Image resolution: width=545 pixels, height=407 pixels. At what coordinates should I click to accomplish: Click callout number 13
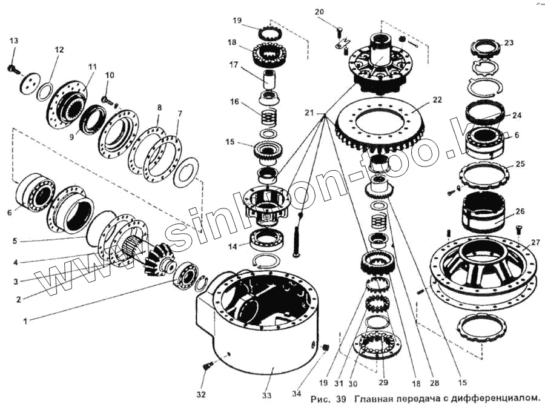click(13, 41)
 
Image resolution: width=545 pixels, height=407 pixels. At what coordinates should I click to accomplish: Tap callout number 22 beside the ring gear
click(437, 99)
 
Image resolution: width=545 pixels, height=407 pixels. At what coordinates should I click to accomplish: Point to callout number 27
click(535, 242)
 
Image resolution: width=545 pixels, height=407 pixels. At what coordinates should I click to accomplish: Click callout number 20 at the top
click(319, 12)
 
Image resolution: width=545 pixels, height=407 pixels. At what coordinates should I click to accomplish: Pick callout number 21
click(309, 113)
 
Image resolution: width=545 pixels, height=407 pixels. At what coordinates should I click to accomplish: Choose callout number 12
click(58, 50)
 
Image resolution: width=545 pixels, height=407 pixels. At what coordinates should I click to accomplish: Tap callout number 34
click(296, 394)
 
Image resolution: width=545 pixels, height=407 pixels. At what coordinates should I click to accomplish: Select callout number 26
click(520, 211)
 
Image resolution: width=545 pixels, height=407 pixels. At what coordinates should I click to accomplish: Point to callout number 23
click(508, 43)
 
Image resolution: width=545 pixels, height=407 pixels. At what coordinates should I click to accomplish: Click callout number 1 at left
click(25, 321)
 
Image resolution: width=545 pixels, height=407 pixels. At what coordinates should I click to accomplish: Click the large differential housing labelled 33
click(260, 327)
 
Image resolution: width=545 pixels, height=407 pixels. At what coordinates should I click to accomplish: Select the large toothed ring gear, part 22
click(388, 124)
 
